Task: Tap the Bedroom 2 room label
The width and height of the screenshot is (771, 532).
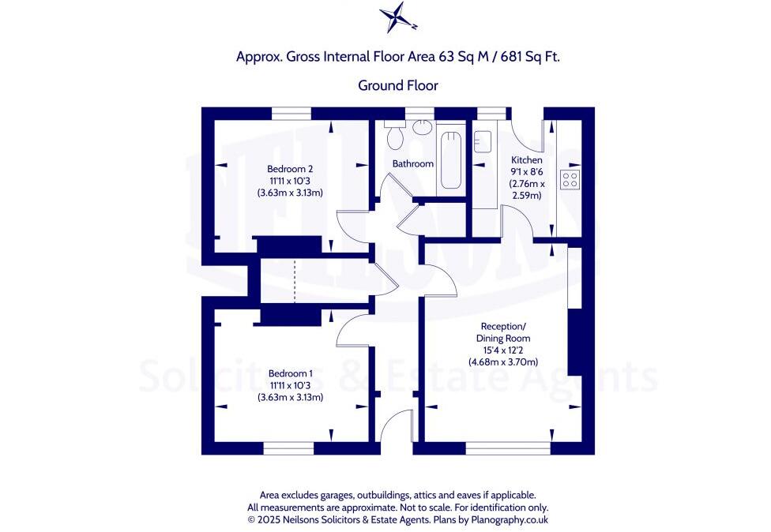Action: (290, 169)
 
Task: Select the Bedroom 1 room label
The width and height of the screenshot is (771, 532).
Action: (290, 373)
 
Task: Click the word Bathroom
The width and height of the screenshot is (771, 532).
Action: (413, 164)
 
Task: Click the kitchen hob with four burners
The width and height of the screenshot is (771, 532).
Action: (570, 179)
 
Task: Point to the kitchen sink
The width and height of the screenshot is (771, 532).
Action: (483, 143)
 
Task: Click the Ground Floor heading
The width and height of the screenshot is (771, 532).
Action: (398, 85)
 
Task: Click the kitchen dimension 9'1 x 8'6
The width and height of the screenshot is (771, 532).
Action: (526, 171)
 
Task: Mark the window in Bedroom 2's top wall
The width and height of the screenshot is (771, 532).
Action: (291, 114)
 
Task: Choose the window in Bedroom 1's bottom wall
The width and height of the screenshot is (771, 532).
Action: (288, 448)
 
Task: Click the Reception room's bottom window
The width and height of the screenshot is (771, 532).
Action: (507, 448)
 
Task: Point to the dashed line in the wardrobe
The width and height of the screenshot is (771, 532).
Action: (294, 281)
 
